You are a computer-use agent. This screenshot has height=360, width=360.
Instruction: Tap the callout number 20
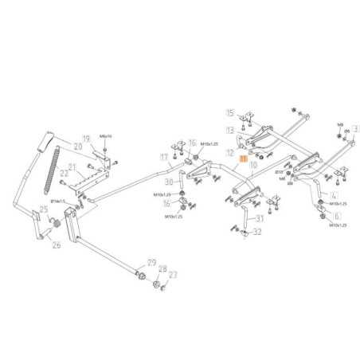(x=77, y=147)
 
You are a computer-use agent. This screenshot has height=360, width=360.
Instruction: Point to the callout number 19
(x=86, y=138)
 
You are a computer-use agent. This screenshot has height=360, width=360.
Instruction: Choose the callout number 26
(x=57, y=245)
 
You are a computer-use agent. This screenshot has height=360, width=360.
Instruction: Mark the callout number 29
(x=151, y=263)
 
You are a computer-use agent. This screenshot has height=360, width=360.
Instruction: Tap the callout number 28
(x=162, y=269)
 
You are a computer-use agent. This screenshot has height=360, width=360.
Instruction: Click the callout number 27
(x=174, y=275)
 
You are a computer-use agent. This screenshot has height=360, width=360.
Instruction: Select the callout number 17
(x=164, y=158)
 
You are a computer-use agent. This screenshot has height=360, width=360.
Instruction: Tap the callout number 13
(x=229, y=129)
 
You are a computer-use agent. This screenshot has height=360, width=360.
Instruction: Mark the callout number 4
(x=334, y=194)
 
